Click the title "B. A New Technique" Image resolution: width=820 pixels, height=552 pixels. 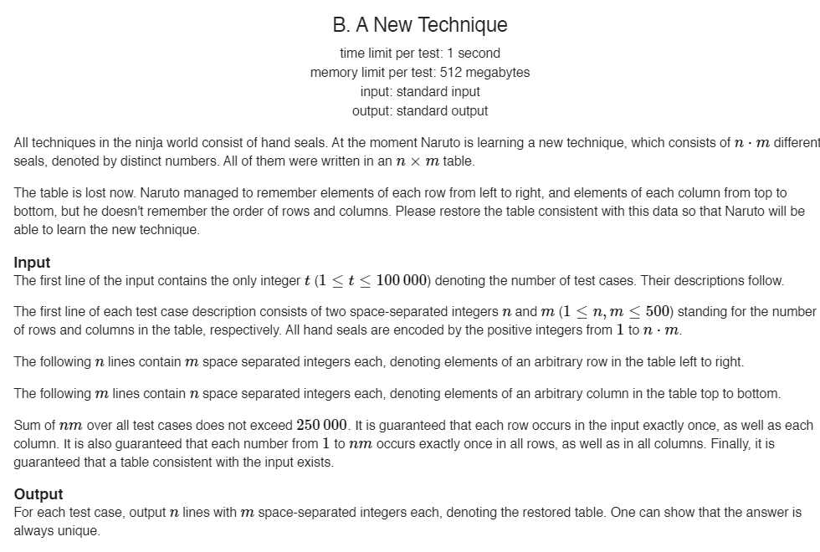(x=419, y=25)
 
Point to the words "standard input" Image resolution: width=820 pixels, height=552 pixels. (x=438, y=91)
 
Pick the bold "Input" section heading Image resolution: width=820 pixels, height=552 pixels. (x=32, y=263)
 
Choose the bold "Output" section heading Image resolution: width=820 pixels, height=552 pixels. (x=38, y=494)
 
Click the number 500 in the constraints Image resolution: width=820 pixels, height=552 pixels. (x=658, y=311)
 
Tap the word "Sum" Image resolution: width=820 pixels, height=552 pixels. (x=28, y=425)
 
